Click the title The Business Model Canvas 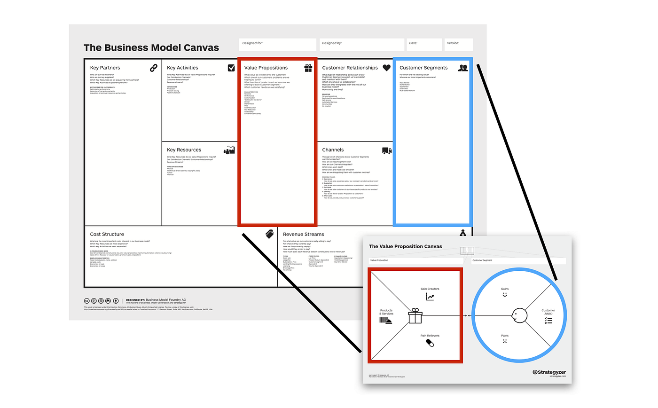pyautogui.click(x=151, y=47)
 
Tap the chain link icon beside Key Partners pyautogui.click(x=154, y=68)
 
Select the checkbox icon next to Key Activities pyautogui.click(x=231, y=68)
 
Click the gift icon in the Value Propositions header pyautogui.click(x=308, y=68)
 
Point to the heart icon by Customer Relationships pyautogui.click(x=386, y=68)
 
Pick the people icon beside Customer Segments pyautogui.click(x=463, y=68)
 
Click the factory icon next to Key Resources pyautogui.click(x=229, y=150)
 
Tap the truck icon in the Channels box pyautogui.click(x=386, y=150)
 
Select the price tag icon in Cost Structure pyautogui.click(x=269, y=234)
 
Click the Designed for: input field pyautogui.click(x=277, y=45)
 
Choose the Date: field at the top pyautogui.click(x=424, y=45)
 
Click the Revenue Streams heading pyautogui.click(x=303, y=234)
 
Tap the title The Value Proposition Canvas pyautogui.click(x=405, y=246)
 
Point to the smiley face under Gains pyautogui.click(x=505, y=295)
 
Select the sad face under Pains pyautogui.click(x=505, y=341)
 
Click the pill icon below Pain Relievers pyautogui.click(x=430, y=343)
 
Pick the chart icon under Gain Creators pyautogui.click(x=430, y=297)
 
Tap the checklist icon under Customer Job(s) pyautogui.click(x=548, y=321)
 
